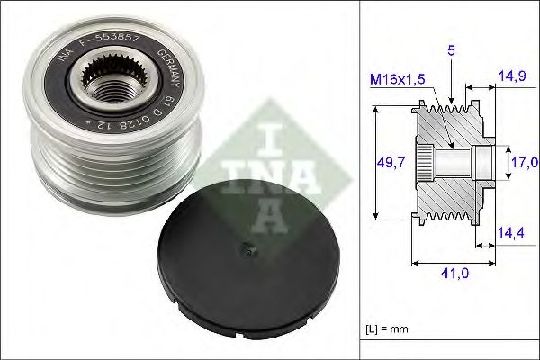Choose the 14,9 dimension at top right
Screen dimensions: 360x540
511,78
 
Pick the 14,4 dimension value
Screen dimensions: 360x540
511,232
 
